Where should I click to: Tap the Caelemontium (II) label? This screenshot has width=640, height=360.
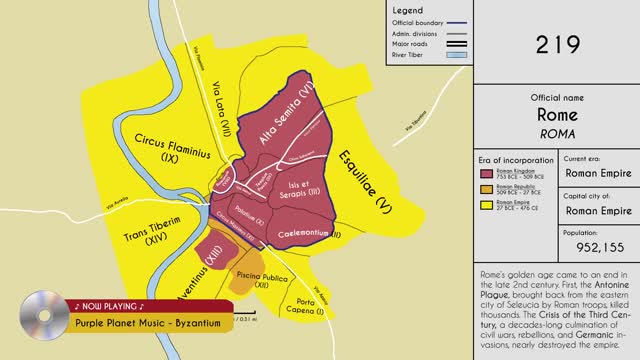point(304,232)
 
